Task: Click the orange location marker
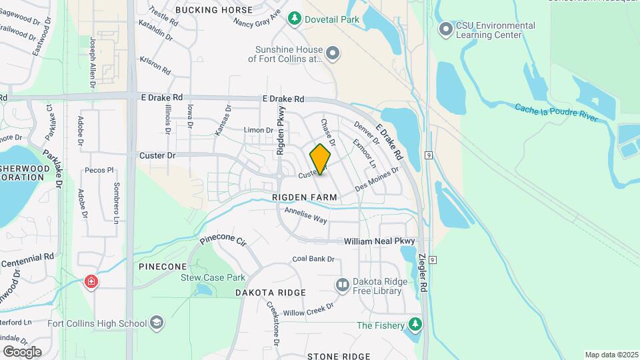320,159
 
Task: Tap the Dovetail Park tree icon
294,19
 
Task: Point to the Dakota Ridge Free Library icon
343,285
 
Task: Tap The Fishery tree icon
415,325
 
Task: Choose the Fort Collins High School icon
157,323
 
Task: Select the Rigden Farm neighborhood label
305,198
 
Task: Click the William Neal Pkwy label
379,241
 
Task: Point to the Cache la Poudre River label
556,112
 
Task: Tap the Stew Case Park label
213,277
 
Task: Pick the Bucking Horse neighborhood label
213,10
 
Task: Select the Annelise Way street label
305,215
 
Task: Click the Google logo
21,351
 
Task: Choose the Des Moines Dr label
377,179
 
